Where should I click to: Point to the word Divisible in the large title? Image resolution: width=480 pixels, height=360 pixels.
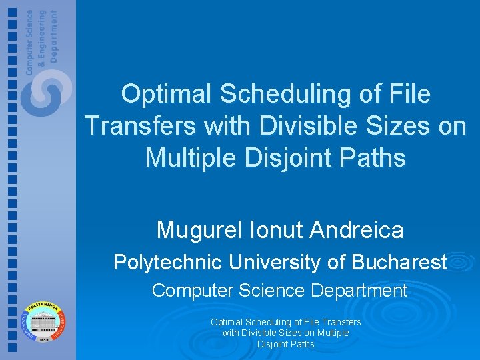(x=297, y=125)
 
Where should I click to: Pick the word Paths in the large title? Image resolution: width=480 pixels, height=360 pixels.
(x=374, y=157)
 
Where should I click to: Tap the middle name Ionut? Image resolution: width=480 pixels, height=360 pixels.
(x=279, y=230)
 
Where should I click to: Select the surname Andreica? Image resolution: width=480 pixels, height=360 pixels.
(x=358, y=230)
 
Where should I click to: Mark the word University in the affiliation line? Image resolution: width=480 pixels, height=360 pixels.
(x=275, y=263)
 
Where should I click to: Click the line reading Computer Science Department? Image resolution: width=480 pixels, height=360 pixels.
(x=279, y=291)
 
